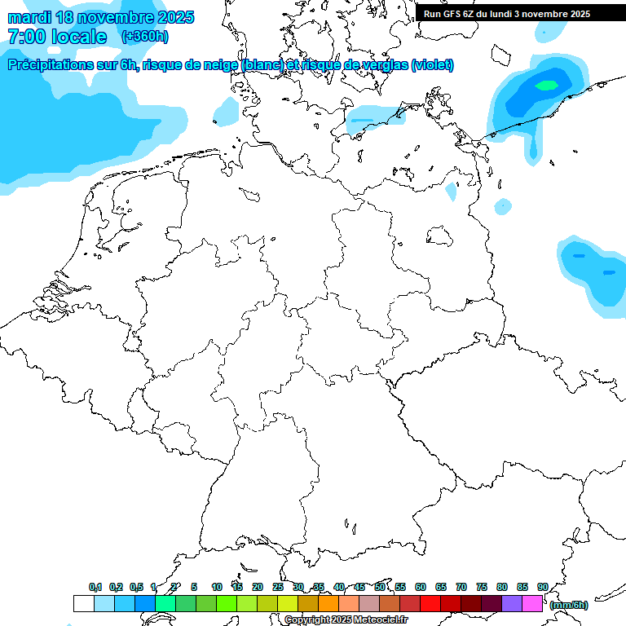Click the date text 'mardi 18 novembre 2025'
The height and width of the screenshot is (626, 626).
100,17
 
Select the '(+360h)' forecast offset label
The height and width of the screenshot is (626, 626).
145,37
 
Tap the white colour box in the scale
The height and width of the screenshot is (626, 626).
83,603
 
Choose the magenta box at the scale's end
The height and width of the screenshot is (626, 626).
532,603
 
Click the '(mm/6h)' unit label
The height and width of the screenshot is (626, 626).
568,605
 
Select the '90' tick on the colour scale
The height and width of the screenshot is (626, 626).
543,587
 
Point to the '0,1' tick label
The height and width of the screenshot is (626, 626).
95,587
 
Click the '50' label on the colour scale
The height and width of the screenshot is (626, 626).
380,587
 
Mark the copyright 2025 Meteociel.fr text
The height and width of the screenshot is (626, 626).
346,620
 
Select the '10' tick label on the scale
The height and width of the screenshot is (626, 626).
217,587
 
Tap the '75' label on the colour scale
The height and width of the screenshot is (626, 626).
482,587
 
